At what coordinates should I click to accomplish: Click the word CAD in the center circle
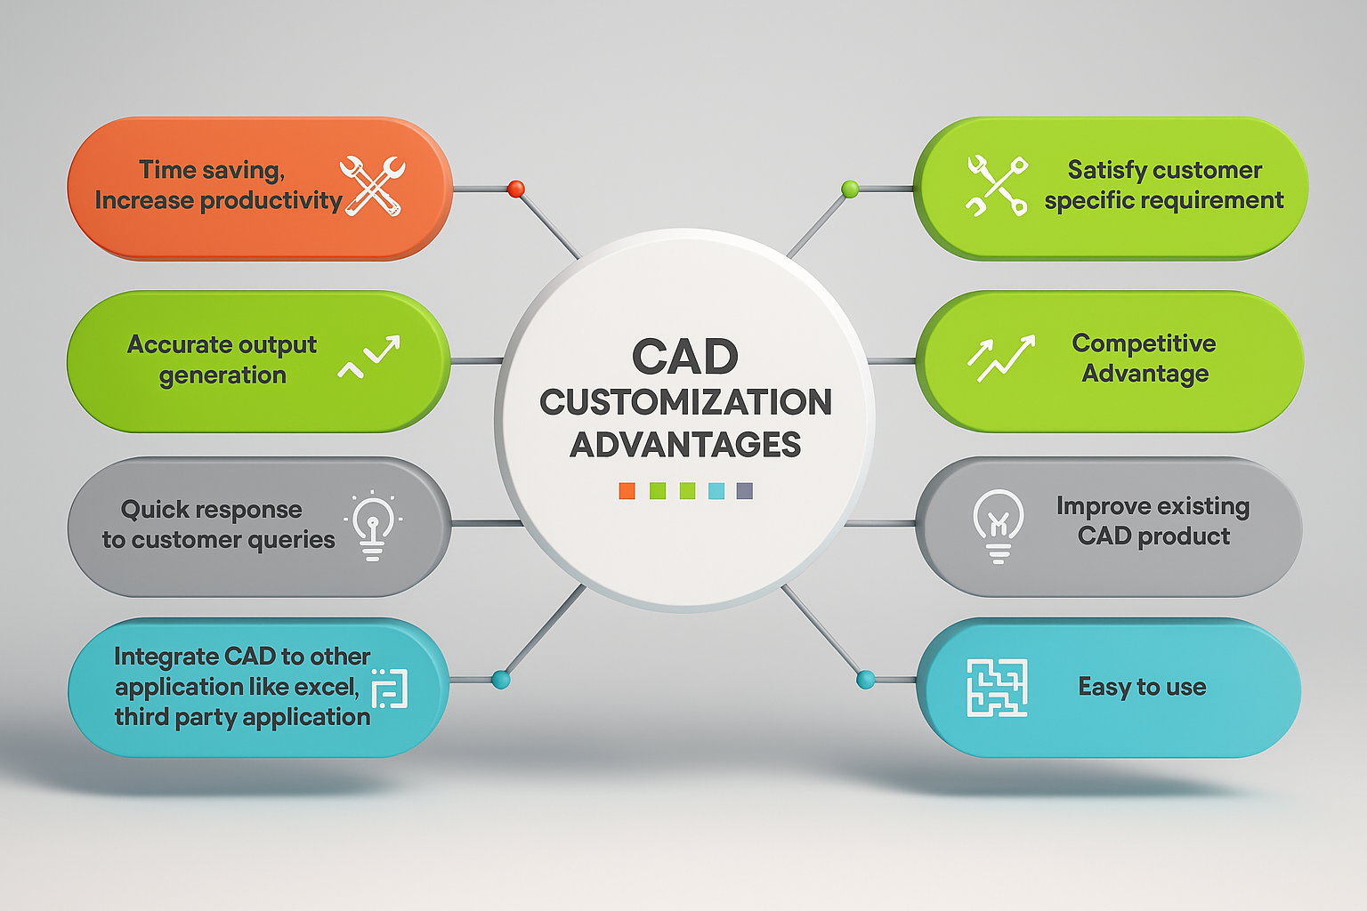tap(684, 358)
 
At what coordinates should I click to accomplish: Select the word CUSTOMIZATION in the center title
tap(685, 402)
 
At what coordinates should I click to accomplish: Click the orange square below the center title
tap(627, 491)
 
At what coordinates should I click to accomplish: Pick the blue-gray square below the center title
tap(745, 491)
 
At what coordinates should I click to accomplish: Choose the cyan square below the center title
tap(716, 491)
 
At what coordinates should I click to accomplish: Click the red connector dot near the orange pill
tap(515, 189)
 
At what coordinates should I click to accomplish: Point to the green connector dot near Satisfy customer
tap(850, 189)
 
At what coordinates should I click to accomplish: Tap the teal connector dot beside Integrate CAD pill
tap(500, 681)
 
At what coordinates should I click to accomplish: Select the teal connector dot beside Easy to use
tap(865, 681)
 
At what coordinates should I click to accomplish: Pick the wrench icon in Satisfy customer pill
tap(997, 186)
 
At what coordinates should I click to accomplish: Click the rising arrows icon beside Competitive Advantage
tap(1001, 358)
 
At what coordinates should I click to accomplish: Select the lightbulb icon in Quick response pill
tap(373, 526)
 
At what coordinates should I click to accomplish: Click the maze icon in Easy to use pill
tap(997, 687)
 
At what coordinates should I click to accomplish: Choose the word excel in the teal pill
tap(327, 687)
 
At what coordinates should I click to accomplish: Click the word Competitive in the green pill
tap(1144, 343)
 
